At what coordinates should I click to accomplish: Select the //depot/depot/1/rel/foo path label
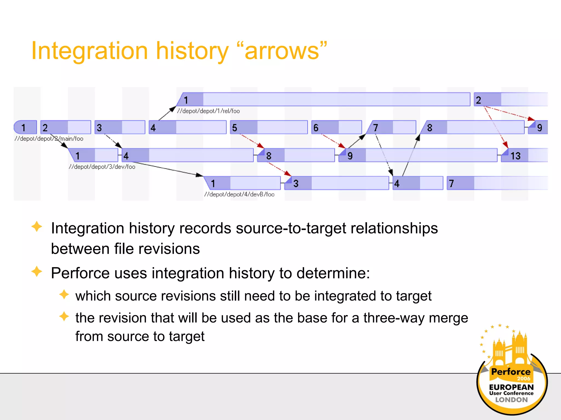(x=208, y=111)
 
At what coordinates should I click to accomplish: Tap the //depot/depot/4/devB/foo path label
(x=239, y=194)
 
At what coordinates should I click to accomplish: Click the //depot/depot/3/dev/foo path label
(x=102, y=167)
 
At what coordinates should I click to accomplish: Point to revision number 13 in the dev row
(x=515, y=156)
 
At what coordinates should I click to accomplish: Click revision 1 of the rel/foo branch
(x=186, y=100)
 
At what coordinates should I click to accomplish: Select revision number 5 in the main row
(x=234, y=128)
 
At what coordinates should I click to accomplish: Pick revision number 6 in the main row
(x=316, y=128)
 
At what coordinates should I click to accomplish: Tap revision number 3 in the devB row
(x=296, y=183)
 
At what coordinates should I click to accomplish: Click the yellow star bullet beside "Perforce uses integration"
(x=37, y=272)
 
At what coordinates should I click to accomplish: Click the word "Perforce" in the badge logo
(x=511, y=372)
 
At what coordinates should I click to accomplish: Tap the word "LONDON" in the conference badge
(x=511, y=400)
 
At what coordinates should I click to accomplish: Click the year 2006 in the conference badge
(x=523, y=379)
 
